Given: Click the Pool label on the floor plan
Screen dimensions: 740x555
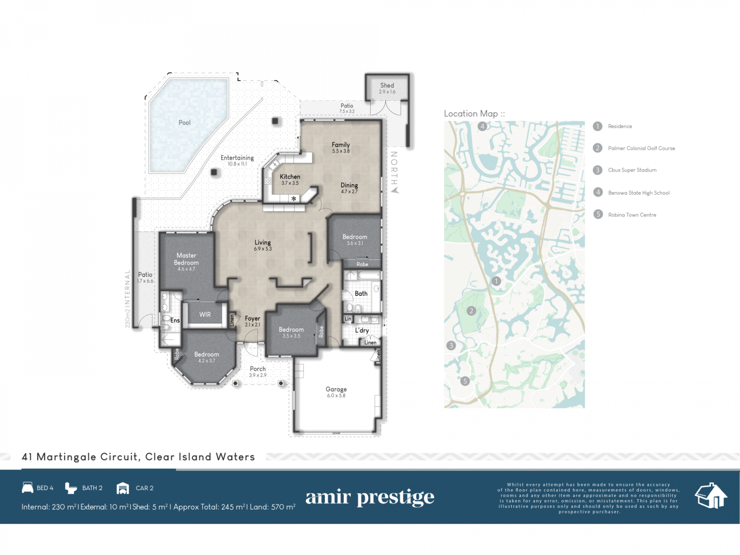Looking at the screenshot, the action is (185, 123).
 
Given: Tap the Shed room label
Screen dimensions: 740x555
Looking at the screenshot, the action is (387, 85).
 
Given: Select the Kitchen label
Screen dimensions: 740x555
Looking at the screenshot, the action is (290, 177).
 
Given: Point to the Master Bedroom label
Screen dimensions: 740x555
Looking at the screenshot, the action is (187, 259).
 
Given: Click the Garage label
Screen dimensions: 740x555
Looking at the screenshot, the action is (336, 389).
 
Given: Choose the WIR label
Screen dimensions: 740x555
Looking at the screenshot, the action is (205, 314).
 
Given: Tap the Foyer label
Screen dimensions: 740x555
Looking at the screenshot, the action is (252, 318).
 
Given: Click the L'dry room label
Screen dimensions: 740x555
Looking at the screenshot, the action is (362, 330).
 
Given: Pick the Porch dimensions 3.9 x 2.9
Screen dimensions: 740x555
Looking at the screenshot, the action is (258, 375).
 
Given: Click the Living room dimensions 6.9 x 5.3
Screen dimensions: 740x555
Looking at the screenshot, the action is (263, 249).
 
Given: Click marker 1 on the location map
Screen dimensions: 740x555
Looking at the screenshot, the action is (496, 281).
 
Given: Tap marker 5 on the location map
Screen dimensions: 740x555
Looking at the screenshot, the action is (465, 381).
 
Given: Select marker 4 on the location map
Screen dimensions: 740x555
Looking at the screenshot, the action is (482, 126).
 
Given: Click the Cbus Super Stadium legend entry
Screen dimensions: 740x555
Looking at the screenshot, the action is (632, 170).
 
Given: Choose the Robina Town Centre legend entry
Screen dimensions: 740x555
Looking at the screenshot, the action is (632, 215).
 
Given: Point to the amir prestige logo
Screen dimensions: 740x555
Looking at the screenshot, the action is (370, 497).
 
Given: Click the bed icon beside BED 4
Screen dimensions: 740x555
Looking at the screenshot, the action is (27, 488).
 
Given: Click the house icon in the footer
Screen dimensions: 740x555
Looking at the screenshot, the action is (711, 496).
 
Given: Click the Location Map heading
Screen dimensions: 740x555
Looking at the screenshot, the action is (474, 114).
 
